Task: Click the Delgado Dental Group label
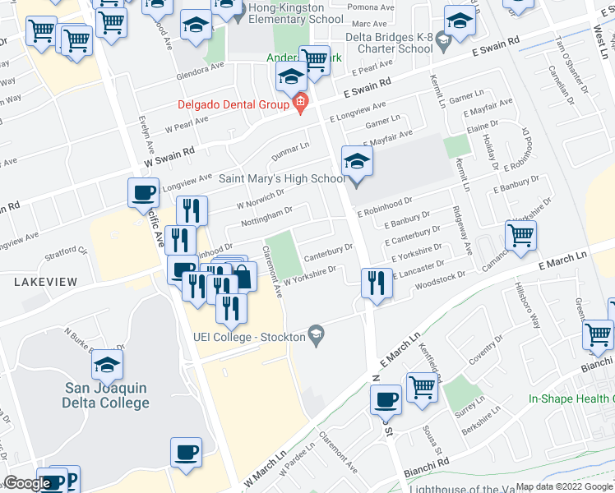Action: coord(233,104)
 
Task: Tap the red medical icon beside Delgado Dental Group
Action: coord(300,103)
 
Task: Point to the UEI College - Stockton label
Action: coord(247,336)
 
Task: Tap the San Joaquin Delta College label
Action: coord(106,395)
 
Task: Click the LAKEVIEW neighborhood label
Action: coord(45,282)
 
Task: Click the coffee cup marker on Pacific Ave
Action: coord(143,194)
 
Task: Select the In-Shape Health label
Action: coord(571,399)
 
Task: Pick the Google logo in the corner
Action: coord(27,483)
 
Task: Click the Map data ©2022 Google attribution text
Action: coord(565,486)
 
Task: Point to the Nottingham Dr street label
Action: coord(266,217)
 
